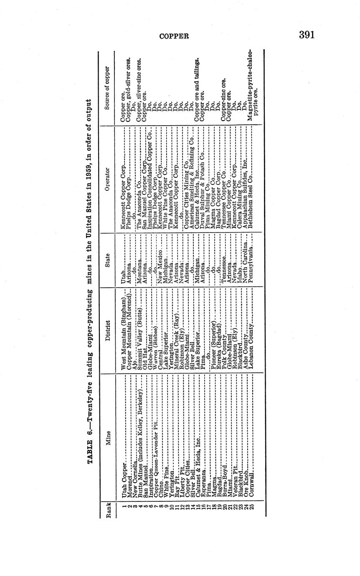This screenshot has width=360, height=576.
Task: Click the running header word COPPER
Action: click(x=175, y=36)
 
